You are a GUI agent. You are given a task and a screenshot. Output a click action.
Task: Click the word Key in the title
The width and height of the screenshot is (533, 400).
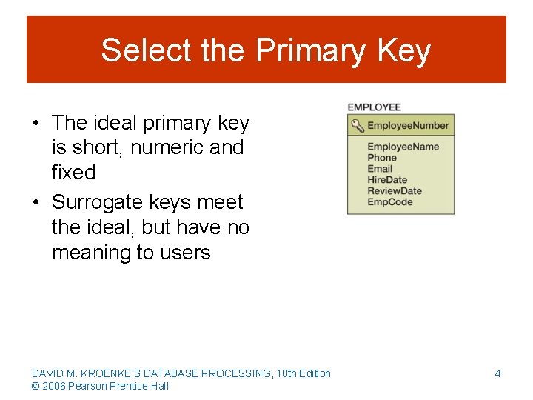(x=403, y=50)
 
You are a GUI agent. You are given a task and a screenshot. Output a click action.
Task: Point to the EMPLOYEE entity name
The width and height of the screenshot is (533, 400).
(x=374, y=107)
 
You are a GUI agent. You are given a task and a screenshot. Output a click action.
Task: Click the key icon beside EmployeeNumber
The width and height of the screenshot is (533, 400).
(x=357, y=125)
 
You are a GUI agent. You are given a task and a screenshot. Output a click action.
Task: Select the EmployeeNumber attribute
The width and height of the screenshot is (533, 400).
(x=408, y=125)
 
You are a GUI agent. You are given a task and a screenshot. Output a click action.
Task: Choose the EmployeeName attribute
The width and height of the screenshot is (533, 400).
(x=403, y=147)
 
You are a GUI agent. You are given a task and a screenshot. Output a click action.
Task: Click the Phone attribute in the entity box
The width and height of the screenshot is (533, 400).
(x=382, y=158)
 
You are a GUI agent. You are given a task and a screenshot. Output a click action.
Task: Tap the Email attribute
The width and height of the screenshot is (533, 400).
(x=380, y=169)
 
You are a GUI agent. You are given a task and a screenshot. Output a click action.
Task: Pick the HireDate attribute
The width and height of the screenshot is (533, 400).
(x=387, y=180)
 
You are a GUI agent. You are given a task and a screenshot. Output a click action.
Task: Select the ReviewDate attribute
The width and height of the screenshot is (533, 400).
(x=394, y=191)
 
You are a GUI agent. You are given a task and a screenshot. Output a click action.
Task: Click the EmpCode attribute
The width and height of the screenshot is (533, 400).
(x=389, y=202)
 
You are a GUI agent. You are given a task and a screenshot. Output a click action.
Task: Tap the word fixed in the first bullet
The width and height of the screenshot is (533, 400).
(x=73, y=173)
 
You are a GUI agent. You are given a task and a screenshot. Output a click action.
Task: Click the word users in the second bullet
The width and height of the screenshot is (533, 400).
(x=184, y=253)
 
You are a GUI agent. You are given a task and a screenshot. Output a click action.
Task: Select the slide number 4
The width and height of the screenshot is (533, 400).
(x=497, y=373)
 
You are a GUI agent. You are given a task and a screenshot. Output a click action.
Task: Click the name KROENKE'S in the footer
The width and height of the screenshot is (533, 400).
(x=108, y=373)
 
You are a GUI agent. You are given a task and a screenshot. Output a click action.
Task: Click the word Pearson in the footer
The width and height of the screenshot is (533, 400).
(x=88, y=386)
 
